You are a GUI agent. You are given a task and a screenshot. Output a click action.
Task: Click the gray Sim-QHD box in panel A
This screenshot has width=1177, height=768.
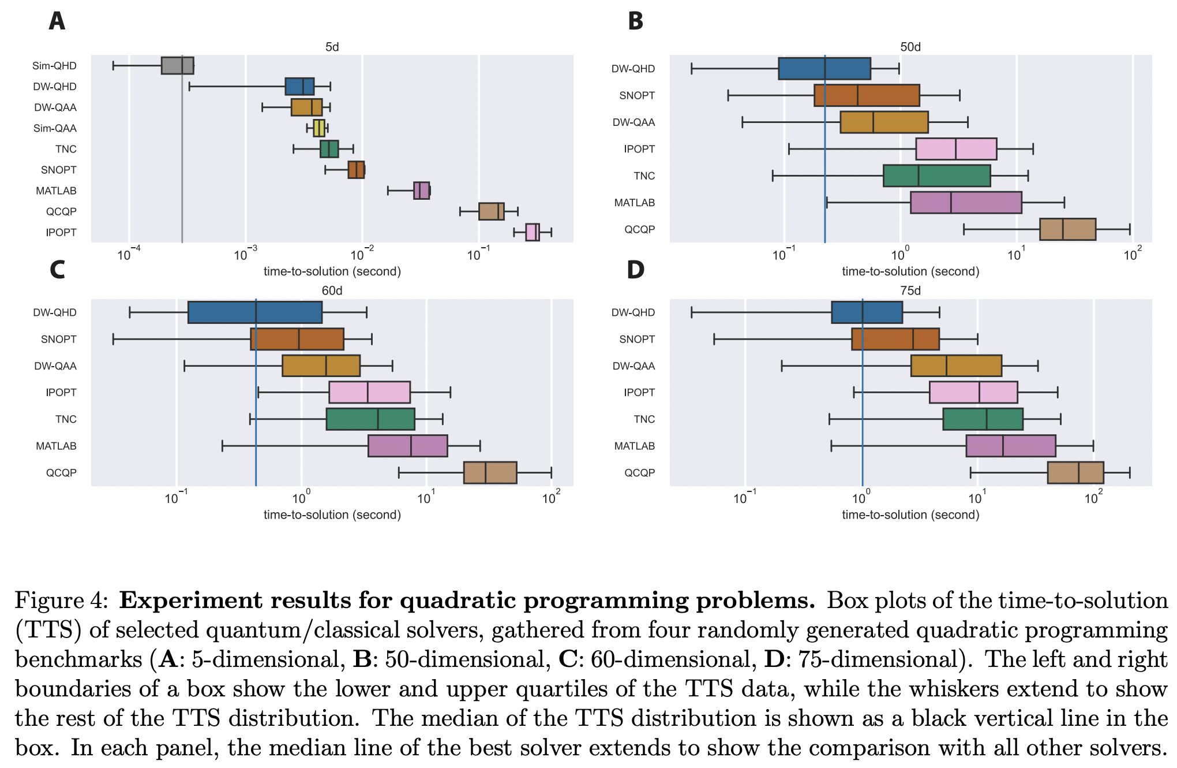point(177,66)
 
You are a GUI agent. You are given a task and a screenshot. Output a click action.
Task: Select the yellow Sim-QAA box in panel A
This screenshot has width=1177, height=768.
point(319,128)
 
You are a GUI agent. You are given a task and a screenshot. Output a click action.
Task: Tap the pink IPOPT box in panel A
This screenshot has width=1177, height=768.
point(533,232)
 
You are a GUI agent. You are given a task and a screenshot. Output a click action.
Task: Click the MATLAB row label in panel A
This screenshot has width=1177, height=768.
point(56,191)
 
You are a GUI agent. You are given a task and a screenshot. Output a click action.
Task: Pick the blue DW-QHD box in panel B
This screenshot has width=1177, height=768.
point(824,69)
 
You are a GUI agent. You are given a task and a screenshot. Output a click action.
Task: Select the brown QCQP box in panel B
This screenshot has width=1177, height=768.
point(1067,229)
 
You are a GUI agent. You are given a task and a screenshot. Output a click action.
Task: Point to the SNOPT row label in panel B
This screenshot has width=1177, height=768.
point(637,95)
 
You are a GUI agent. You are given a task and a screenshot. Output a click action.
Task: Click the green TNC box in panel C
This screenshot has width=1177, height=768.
point(370,419)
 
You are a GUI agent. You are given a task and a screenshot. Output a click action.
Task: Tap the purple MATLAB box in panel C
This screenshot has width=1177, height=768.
point(407,446)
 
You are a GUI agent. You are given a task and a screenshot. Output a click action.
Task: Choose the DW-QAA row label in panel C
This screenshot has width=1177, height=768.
point(55,366)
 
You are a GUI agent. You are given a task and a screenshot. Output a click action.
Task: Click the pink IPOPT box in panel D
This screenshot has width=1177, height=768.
point(973,393)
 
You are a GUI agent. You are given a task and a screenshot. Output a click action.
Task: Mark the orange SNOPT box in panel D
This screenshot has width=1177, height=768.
point(895,339)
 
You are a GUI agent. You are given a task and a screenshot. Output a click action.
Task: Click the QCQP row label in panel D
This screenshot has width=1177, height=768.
point(639,472)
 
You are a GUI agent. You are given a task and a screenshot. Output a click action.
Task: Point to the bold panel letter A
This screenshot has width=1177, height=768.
point(57,21)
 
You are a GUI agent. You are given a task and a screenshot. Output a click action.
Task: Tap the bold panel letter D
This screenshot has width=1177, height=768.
point(635,270)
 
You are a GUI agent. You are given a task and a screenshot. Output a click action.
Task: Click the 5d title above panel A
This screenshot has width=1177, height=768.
point(332,47)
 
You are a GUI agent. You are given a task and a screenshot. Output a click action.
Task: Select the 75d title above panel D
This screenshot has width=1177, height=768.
point(910,290)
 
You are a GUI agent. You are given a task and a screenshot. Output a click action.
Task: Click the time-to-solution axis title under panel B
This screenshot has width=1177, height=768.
point(910,271)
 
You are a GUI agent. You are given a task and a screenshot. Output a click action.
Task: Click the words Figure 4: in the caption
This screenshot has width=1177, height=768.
point(61,601)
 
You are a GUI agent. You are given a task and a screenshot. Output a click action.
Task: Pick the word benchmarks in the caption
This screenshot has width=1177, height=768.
point(78,659)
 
